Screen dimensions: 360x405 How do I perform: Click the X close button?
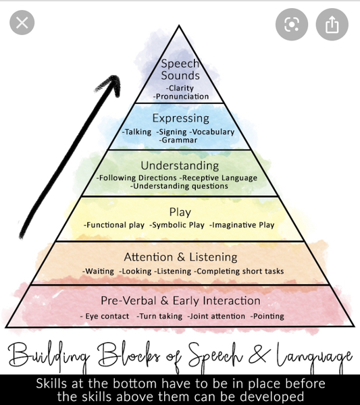click(x=22, y=23)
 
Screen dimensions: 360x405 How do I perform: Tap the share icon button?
click(x=332, y=24)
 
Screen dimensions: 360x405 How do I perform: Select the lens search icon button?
click(x=292, y=24)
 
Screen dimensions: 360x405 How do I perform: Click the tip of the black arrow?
click(x=115, y=76)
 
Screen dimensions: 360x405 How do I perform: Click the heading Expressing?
click(x=180, y=118)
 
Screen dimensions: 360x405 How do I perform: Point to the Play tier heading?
click(x=180, y=212)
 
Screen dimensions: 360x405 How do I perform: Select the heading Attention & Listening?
click(x=180, y=257)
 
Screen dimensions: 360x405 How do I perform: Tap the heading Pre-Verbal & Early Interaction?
click(x=180, y=300)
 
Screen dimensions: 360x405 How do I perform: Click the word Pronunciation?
click(x=182, y=97)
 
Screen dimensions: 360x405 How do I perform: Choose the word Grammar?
click(x=178, y=140)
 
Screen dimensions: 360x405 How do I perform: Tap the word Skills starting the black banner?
click(x=52, y=383)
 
